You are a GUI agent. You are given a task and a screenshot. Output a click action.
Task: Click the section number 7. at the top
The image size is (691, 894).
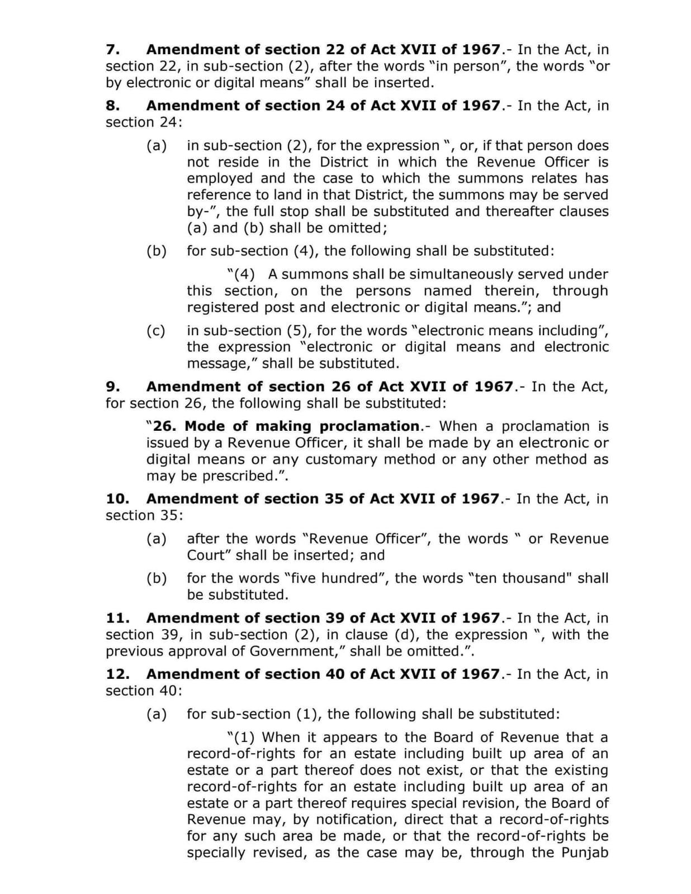point(112,50)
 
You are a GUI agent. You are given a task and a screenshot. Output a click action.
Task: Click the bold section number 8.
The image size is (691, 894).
point(112,106)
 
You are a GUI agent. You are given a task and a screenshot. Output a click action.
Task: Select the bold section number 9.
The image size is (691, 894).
point(112,387)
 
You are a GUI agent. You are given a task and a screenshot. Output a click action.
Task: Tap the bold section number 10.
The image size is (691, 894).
point(117,498)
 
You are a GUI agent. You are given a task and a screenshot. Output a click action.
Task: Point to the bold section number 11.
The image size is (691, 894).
point(117,618)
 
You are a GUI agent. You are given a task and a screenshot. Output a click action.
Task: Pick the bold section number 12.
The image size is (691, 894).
point(117,674)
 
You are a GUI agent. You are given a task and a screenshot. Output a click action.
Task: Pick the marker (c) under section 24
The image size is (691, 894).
point(157,331)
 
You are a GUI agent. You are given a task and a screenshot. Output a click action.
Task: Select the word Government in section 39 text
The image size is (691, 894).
point(291,652)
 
